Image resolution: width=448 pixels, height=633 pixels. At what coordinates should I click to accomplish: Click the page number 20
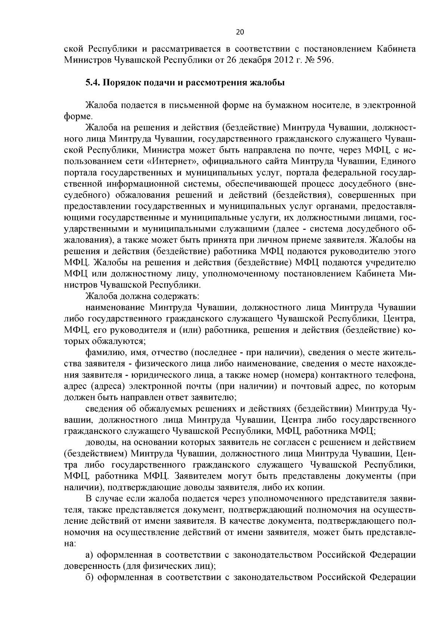240,32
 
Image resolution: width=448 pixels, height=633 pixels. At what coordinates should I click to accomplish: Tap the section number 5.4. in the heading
93,83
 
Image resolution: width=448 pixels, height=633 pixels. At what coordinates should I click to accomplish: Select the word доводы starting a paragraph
100,442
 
